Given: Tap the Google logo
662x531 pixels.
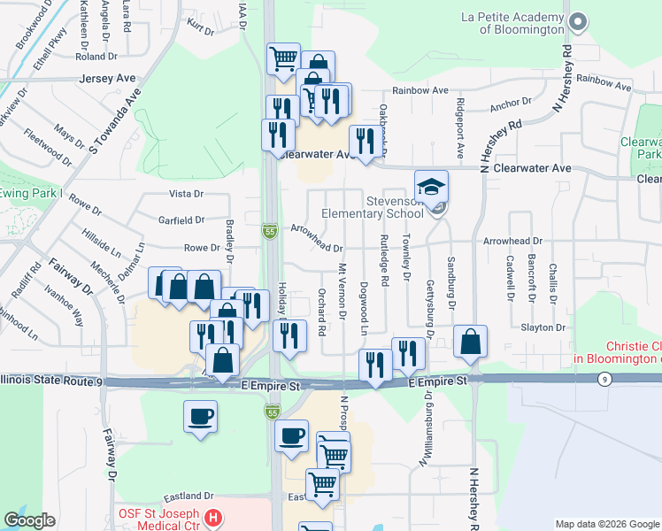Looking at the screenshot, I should click(x=30, y=520).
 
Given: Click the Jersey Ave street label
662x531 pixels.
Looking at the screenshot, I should click(x=107, y=79).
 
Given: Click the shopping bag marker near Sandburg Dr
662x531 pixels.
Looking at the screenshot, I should click(x=471, y=342).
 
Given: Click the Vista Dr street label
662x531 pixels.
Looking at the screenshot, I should click(x=186, y=194).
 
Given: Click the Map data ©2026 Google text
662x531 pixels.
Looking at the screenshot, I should click(x=607, y=524).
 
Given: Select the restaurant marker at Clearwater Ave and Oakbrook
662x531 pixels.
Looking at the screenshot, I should click(x=365, y=140).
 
